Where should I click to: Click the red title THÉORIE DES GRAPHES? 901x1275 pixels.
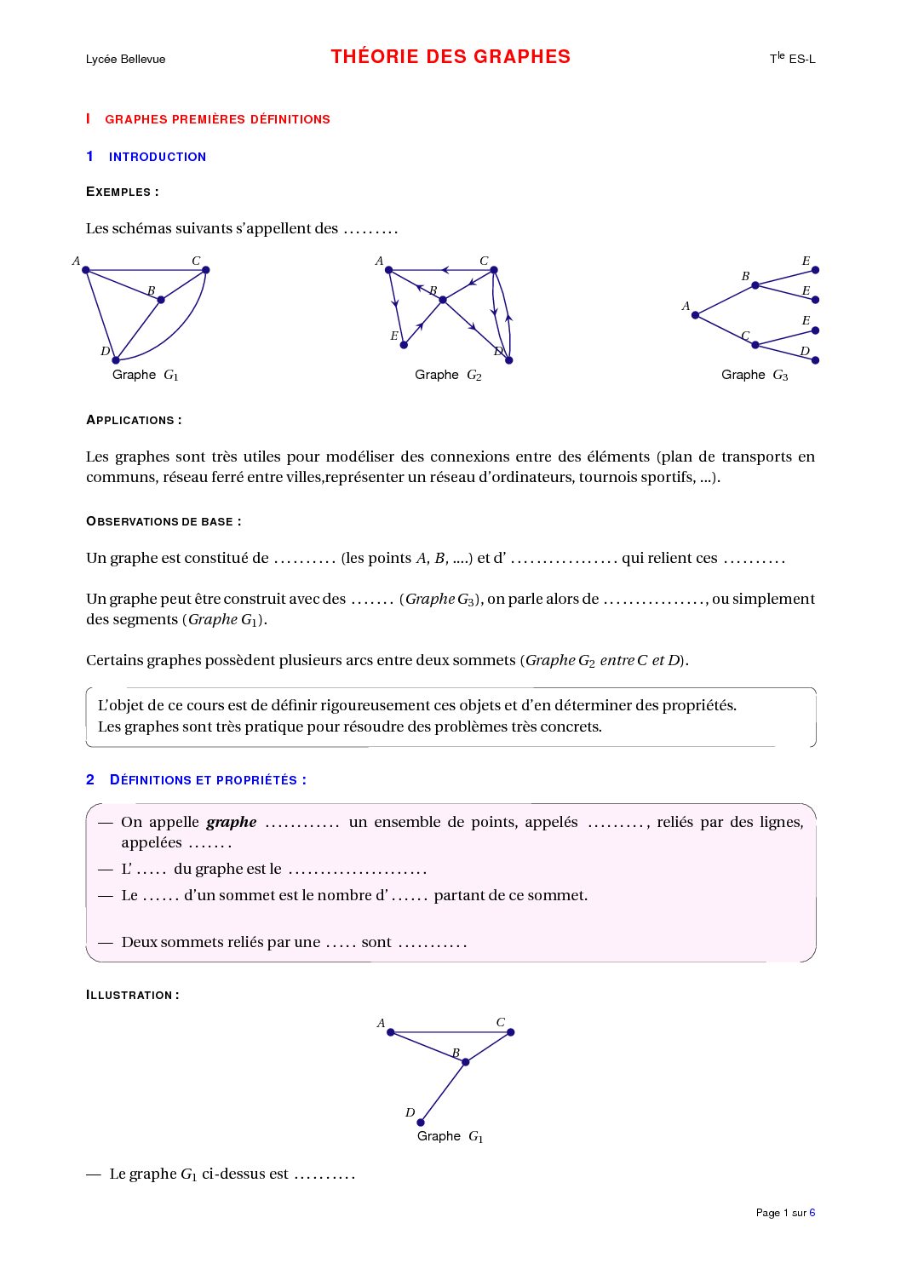point(450,57)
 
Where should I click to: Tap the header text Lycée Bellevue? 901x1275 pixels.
point(125,59)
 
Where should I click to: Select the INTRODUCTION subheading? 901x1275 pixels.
point(158,157)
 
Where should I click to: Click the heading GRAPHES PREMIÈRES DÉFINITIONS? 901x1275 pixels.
point(217,119)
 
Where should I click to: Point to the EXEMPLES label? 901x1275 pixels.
point(122,192)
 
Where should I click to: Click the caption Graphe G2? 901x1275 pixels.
point(448,375)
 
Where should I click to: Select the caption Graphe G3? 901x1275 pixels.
point(755,375)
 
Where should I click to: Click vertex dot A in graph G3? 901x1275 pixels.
point(695,315)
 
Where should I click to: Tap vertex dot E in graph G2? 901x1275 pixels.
point(404,345)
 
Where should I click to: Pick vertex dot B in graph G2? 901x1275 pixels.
point(443,300)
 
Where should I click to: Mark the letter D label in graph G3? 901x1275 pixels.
point(804,351)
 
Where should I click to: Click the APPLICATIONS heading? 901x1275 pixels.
point(134,420)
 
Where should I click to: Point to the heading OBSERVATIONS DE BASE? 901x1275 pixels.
point(164,521)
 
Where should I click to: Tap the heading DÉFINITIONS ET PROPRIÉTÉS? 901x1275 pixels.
point(208,780)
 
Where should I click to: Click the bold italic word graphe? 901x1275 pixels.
point(232,822)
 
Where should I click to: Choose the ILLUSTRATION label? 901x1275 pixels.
point(132,995)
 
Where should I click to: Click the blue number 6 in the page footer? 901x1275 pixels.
point(812,1213)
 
